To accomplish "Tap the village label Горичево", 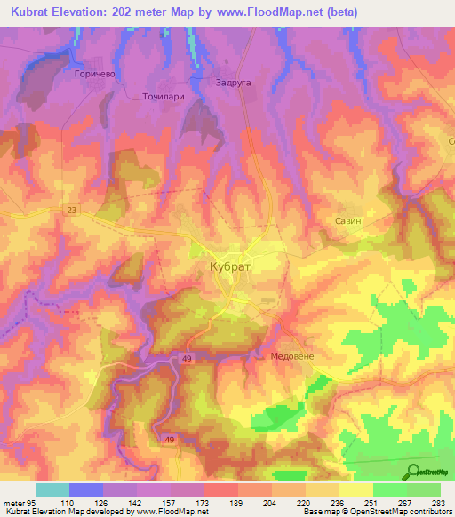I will (x=92, y=76).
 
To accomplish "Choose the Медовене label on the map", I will (x=292, y=355).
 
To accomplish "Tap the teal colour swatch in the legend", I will (x=52, y=489).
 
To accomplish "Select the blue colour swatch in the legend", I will (x=85, y=489).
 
